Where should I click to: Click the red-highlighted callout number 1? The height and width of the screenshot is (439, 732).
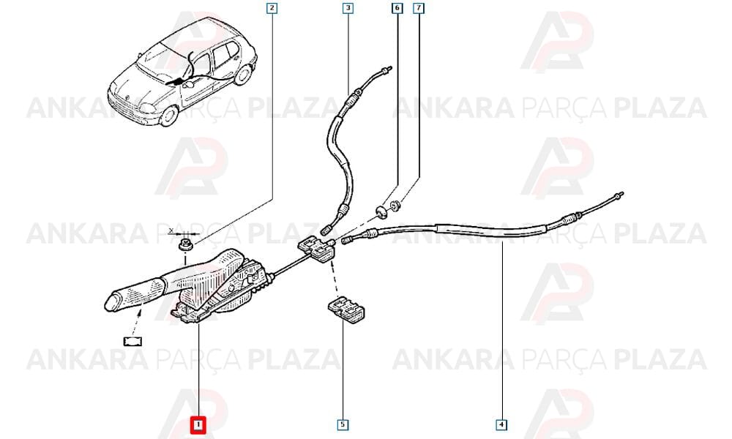(198, 424)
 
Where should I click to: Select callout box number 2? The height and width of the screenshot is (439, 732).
(272, 8)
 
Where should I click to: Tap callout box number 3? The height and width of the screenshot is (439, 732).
(347, 8)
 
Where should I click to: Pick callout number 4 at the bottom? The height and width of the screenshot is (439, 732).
(501, 424)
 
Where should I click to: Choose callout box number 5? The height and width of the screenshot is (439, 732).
(343, 424)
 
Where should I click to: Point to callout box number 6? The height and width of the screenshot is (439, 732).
(397, 8)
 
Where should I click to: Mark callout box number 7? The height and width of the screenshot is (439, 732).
(419, 8)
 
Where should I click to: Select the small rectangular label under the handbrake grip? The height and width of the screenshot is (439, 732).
(133, 342)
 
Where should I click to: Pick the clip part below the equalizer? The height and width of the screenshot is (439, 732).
(346, 308)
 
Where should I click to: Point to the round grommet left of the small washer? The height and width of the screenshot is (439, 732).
(382, 211)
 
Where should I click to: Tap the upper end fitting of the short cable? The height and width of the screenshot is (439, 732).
(386, 70)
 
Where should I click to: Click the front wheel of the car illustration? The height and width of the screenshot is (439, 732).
(168, 116)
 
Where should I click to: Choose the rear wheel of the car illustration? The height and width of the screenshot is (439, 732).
(243, 74)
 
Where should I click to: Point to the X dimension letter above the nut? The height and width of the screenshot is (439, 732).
(171, 230)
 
